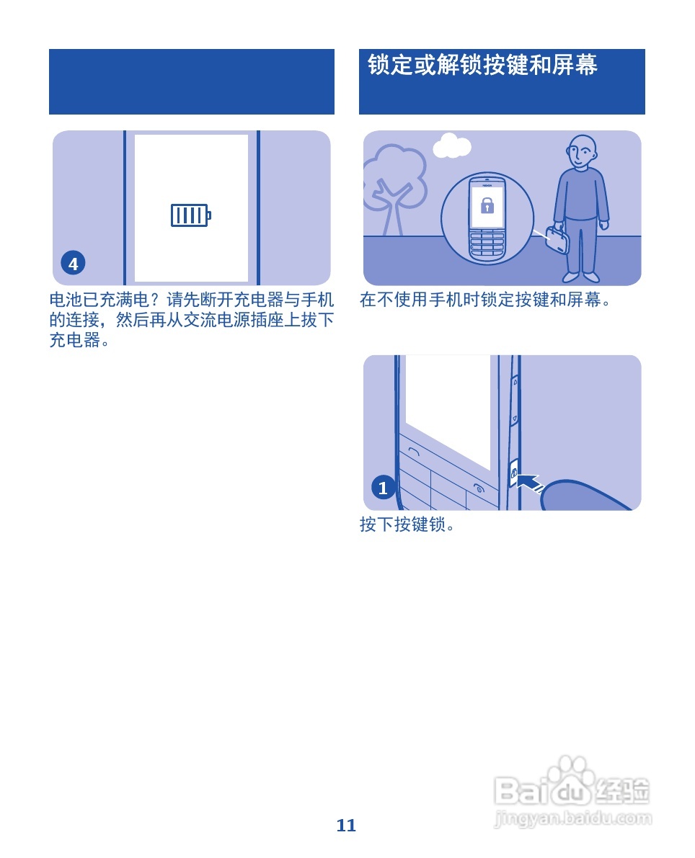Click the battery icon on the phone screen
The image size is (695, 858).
(x=190, y=215)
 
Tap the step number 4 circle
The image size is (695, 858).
(x=73, y=264)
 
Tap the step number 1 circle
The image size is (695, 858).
(x=383, y=488)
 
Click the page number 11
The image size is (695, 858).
(x=347, y=826)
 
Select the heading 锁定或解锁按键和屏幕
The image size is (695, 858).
(x=482, y=65)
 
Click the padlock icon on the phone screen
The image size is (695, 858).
(x=487, y=206)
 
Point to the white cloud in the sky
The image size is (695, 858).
(x=452, y=146)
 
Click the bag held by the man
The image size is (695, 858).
(x=558, y=239)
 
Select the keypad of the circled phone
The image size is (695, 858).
(x=487, y=243)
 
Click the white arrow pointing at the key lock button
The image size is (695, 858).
(x=531, y=482)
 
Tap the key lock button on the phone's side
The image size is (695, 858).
(x=514, y=473)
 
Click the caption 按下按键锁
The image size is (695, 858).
(x=407, y=524)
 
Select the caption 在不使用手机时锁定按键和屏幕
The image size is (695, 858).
(x=485, y=300)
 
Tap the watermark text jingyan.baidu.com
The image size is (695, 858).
(x=574, y=819)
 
